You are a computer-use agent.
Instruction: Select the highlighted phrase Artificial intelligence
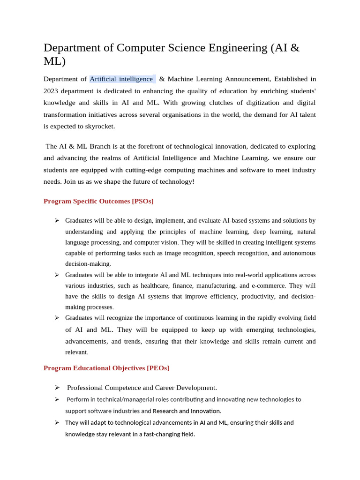(x=121, y=79)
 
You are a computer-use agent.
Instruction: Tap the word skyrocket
(x=98, y=126)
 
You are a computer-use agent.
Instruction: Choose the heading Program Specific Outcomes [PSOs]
(x=98, y=201)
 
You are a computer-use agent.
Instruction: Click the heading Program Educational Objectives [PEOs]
(x=106, y=368)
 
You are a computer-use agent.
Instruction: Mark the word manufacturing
(x=216, y=285)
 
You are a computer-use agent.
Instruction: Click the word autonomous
(x=296, y=253)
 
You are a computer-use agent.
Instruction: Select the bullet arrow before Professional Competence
(x=57, y=387)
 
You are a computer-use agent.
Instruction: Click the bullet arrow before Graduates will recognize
(x=57, y=317)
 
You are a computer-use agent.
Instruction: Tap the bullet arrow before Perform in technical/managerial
(x=57, y=399)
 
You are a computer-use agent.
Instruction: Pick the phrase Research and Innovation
(x=187, y=411)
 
